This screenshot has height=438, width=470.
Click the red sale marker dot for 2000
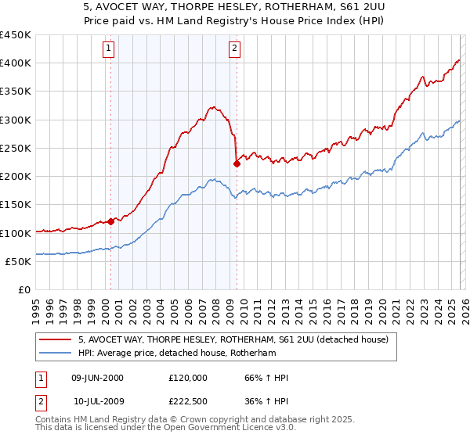pos(110,221)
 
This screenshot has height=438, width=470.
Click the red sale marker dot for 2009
pos(237,163)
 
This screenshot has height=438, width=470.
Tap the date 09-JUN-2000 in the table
pos(97,378)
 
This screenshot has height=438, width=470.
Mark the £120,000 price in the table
pos(187,378)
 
